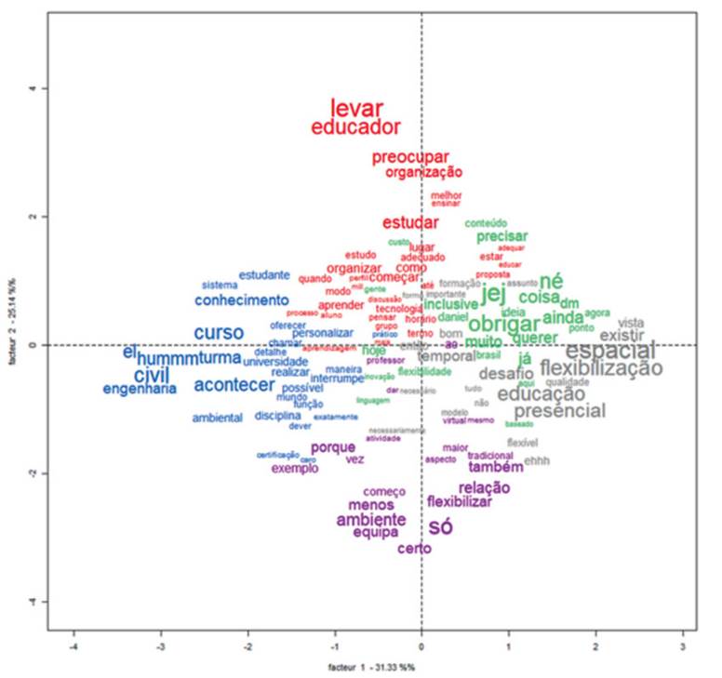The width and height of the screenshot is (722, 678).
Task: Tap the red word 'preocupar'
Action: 410,157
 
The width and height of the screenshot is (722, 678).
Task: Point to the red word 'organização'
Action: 423,172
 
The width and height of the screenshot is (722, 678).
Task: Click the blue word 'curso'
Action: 219,333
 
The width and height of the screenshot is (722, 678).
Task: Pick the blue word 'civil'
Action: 152,374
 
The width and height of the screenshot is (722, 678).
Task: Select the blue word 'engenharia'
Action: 140,390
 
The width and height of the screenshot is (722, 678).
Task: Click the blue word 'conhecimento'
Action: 242,300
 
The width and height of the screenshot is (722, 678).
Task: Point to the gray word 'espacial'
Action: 609,351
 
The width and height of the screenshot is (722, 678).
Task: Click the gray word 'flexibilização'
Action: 601,368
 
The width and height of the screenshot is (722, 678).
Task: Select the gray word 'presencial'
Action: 559,411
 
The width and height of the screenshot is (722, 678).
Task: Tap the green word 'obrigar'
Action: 503,325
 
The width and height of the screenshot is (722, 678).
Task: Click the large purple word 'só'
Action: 441,527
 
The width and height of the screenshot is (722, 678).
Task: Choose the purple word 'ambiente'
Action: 371,519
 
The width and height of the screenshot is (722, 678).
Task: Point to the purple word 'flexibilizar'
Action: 459,502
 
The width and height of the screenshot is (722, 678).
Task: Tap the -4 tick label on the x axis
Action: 74,646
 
